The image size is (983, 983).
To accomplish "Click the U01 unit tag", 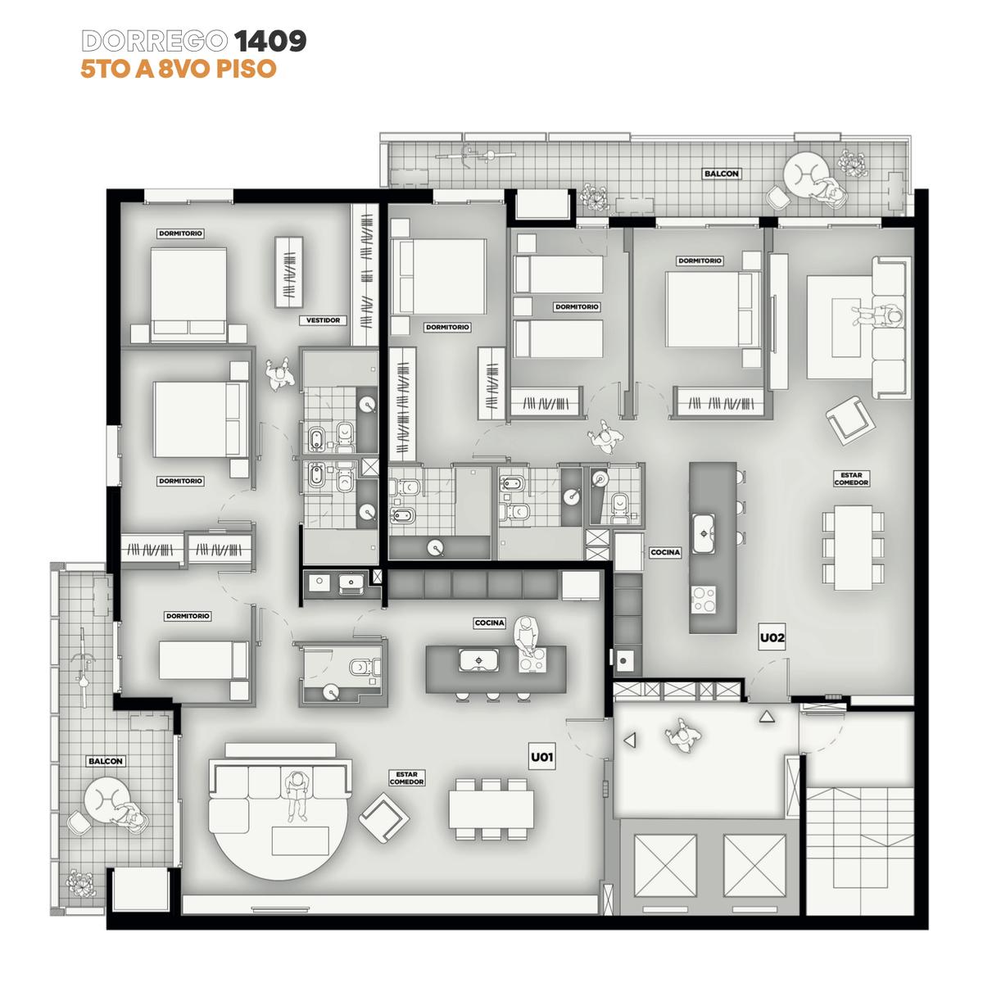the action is click(541, 757).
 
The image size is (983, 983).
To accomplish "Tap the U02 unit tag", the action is click(772, 637).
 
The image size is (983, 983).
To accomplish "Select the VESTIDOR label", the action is click(323, 320).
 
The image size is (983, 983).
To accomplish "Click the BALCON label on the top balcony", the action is click(722, 174).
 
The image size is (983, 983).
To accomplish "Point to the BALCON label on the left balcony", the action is click(106, 761).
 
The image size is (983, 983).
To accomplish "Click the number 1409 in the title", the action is click(270, 41).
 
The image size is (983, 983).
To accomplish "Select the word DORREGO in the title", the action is click(155, 41).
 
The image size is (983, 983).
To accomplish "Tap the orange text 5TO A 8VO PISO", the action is click(179, 69).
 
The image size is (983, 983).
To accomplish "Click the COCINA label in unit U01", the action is click(490, 623).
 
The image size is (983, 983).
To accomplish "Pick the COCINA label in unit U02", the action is click(665, 552).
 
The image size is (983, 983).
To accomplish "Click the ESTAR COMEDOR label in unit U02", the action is click(851, 478).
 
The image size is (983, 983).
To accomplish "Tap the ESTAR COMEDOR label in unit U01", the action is click(406, 778).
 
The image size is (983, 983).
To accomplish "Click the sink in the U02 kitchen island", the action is click(703, 533).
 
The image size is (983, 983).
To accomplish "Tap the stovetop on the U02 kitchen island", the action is click(704, 600).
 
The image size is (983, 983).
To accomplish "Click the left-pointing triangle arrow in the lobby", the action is click(631, 741).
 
